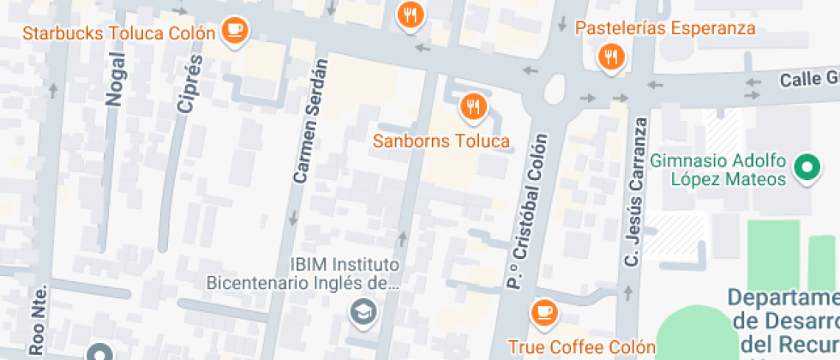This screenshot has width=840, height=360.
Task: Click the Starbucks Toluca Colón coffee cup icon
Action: coord(234,32)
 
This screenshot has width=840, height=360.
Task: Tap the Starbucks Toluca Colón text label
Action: coord(118,33)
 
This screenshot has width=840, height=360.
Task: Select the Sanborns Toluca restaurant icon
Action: coord(472,107)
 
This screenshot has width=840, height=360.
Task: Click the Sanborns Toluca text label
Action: coord(441,141)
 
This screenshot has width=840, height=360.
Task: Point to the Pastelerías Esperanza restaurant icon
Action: coord(610,58)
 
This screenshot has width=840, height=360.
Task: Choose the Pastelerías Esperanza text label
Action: coord(665,28)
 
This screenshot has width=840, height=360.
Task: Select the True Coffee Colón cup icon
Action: coord(543,313)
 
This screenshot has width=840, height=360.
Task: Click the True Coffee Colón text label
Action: coord(581,347)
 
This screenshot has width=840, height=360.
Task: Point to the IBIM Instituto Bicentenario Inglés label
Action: coord(303,273)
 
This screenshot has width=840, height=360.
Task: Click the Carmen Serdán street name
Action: coord(310,122)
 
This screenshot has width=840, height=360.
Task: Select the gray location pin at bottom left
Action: coord(99,352)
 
